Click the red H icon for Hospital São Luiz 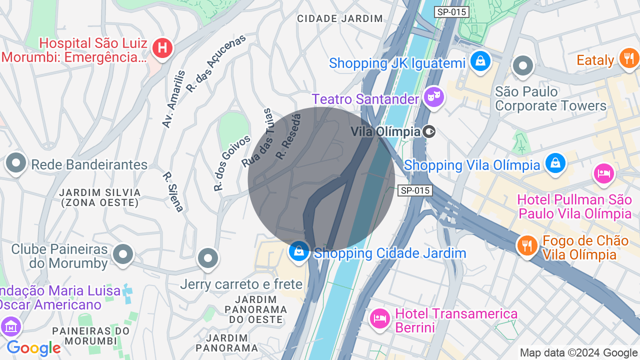(162, 48)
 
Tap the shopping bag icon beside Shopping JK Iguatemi (480, 61)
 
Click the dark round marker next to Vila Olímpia (429, 131)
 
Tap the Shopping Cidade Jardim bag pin (299, 251)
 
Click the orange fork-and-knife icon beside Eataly (627, 57)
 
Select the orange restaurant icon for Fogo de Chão (526, 245)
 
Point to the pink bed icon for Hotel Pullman (603, 173)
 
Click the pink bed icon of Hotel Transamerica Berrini (380, 318)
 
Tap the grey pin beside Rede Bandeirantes (16, 162)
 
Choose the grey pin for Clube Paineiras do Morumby (122, 254)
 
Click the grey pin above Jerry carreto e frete (207, 258)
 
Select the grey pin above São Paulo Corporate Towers (523, 65)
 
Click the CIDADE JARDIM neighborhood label (340, 19)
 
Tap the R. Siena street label (173, 192)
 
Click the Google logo (33, 348)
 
